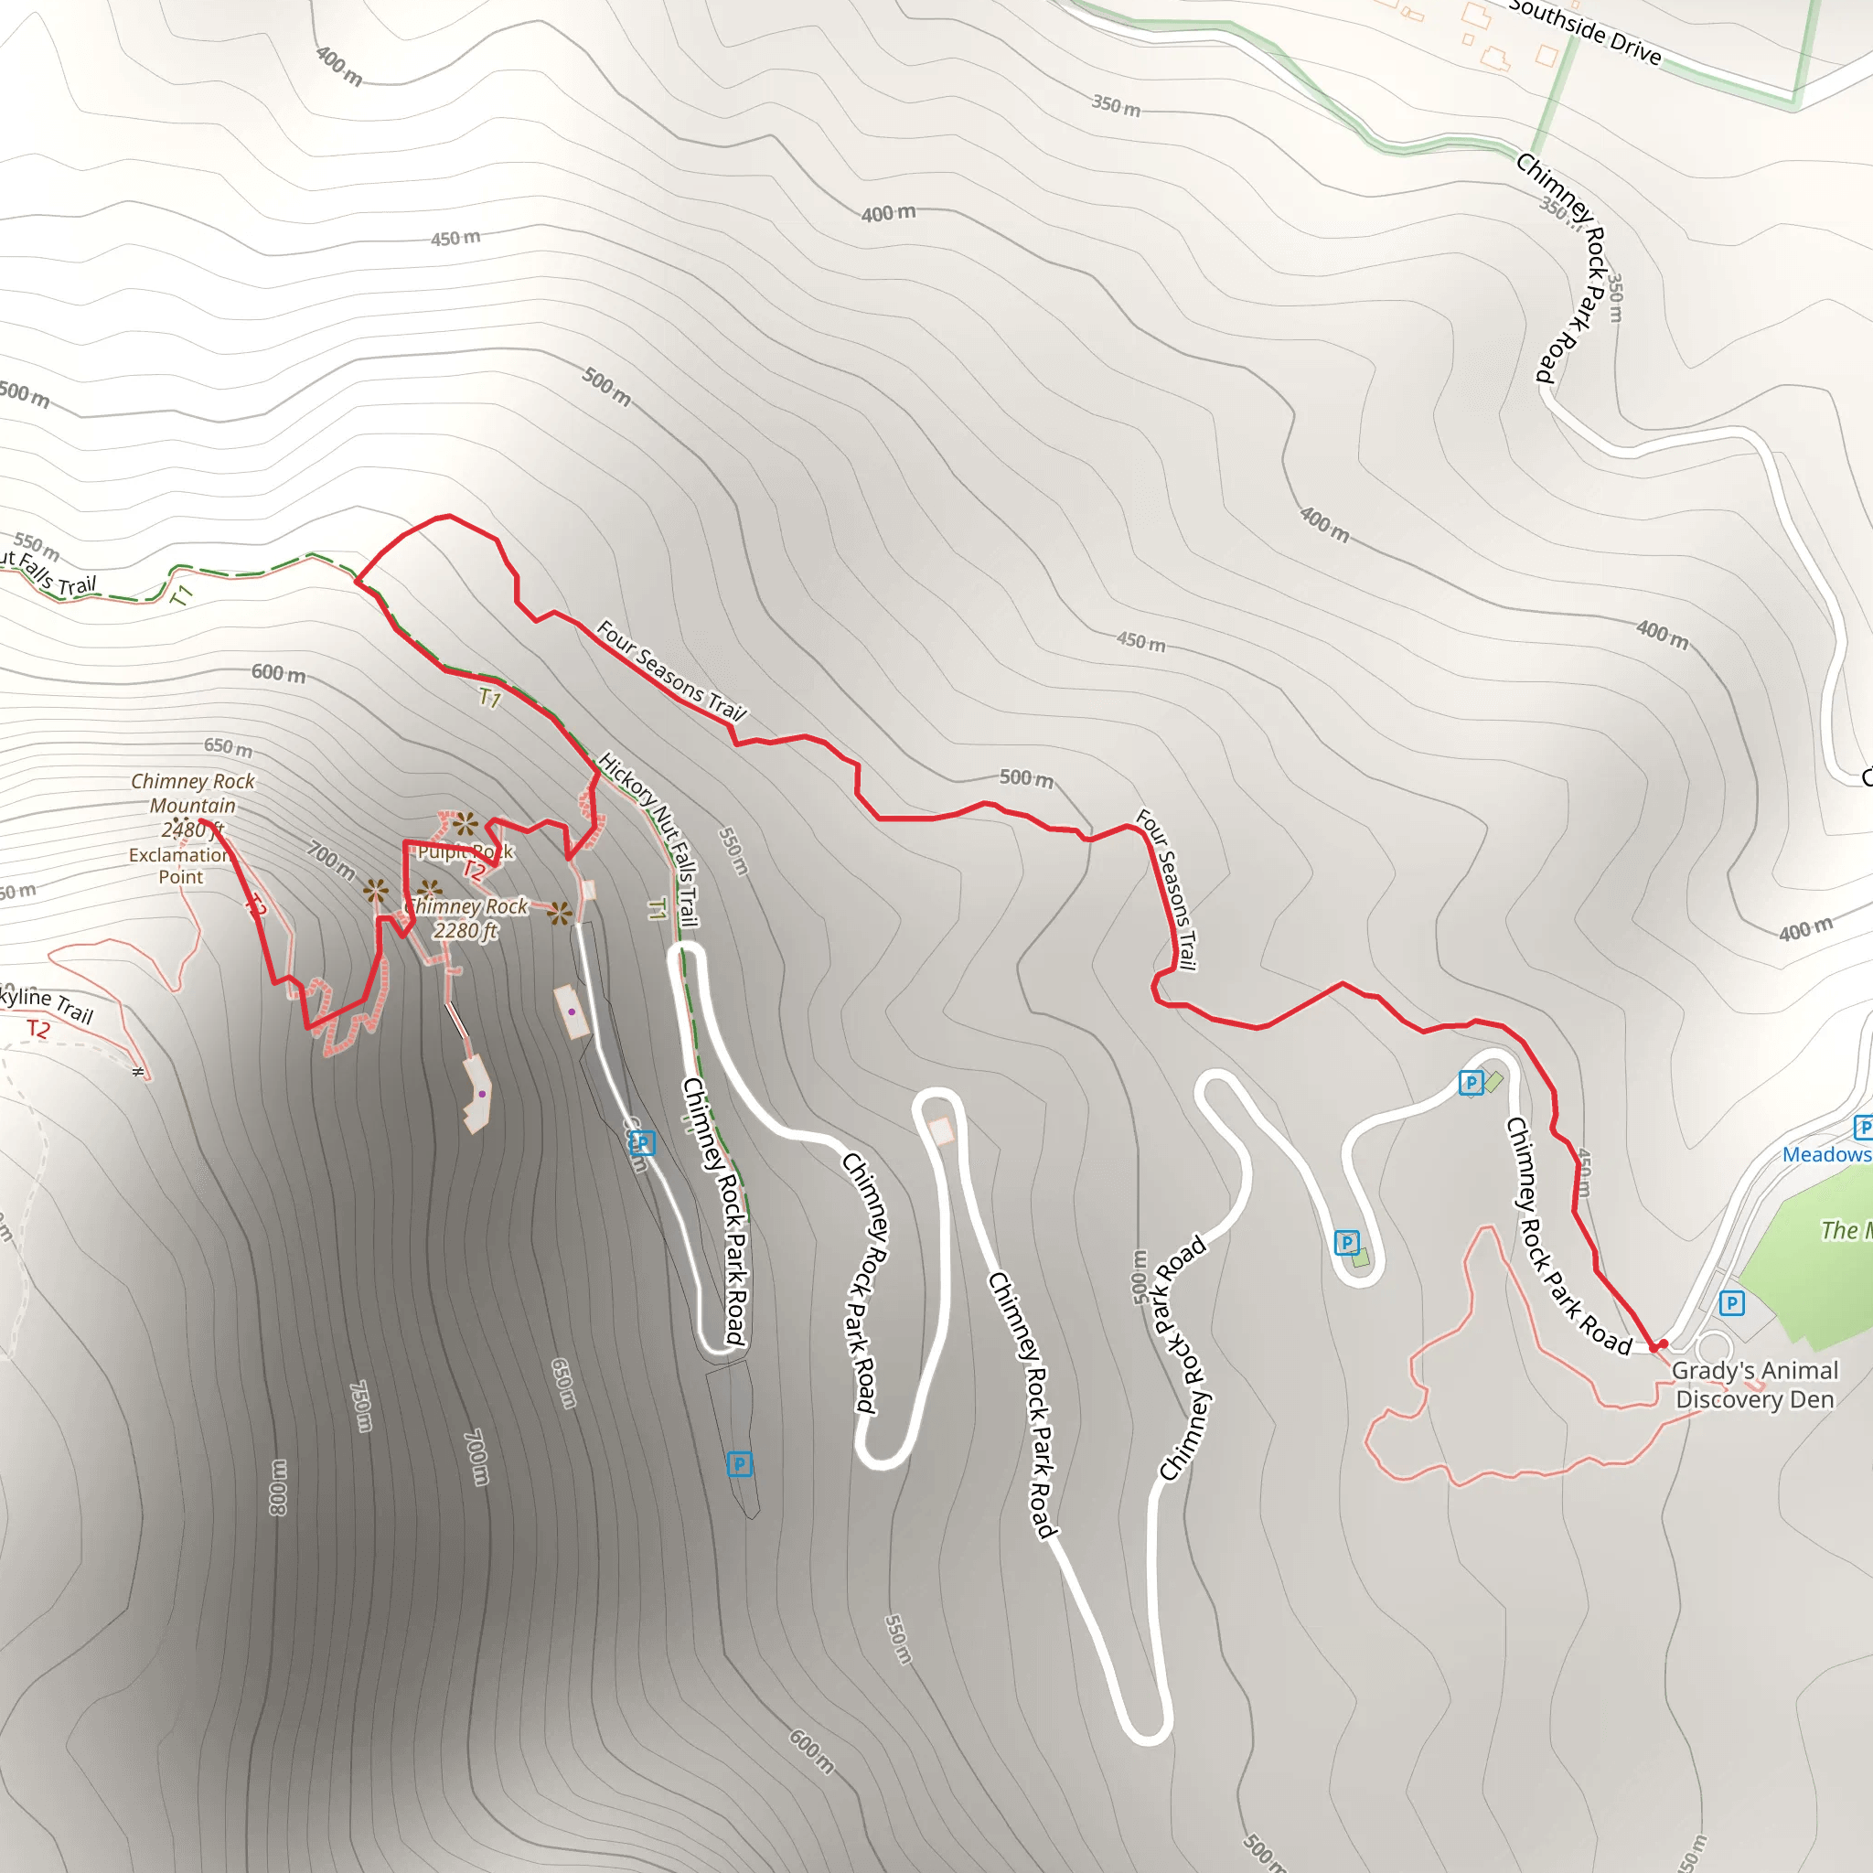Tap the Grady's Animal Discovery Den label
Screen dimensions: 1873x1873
[1755, 1385]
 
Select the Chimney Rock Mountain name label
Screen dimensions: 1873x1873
[192, 793]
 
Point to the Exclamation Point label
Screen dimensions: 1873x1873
[180, 866]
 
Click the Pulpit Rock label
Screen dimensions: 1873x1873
[466, 852]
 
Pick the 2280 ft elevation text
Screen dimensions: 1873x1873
[466, 932]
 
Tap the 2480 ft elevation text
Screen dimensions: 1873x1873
[192, 829]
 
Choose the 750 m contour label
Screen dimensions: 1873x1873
[359, 1407]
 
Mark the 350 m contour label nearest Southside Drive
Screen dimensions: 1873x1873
[1117, 104]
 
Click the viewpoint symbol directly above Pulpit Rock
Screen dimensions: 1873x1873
[466, 824]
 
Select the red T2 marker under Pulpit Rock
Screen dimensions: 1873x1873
[473, 871]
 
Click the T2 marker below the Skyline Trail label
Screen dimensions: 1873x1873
[37, 1030]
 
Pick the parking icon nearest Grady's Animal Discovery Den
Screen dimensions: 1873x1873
[1731, 1303]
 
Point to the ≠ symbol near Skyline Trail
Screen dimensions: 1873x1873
[139, 1071]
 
